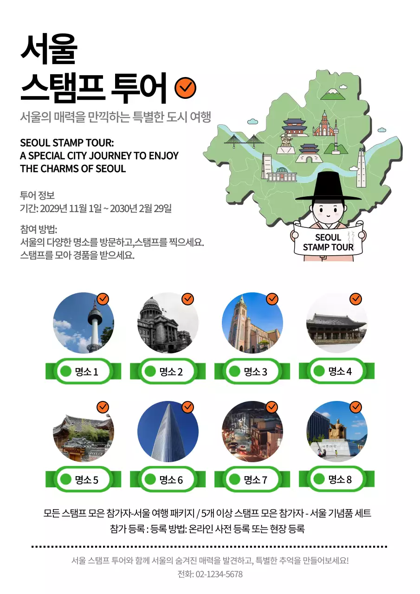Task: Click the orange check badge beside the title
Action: [185, 87]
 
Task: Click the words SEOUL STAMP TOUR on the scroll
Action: [328, 242]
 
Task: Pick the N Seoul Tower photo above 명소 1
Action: [84, 323]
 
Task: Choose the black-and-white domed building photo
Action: [168, 323]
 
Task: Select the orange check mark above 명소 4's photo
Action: [356, 299]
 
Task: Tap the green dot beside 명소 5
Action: [66, 479]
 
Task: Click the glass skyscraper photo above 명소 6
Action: [168, 432]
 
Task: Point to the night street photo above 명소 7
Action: [252, 432]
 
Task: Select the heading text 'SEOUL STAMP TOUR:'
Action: [67, 142]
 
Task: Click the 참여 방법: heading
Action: [39, 229]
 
